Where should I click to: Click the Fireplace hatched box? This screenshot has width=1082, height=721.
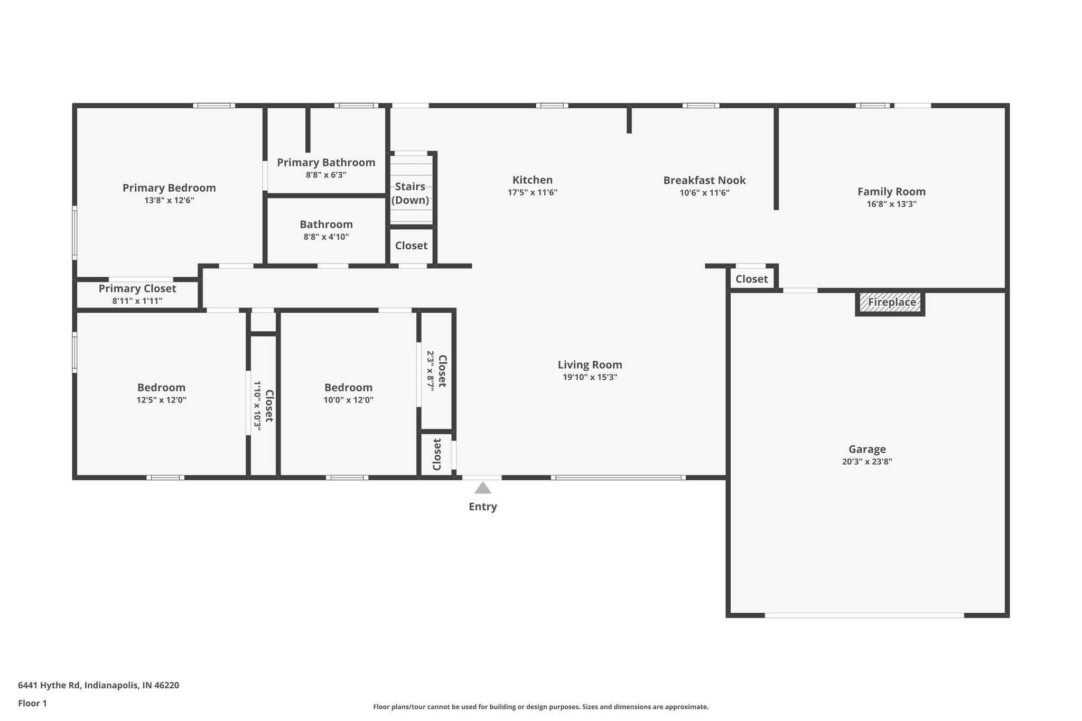point(890,303)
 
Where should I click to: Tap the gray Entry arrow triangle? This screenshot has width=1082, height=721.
point(482,488)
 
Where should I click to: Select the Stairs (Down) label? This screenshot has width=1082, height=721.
point(410,193)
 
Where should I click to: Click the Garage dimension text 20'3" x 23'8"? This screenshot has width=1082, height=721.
point(867,462)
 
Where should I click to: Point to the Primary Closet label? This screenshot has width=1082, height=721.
point(137,288)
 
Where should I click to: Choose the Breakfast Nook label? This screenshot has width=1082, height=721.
point(704,180)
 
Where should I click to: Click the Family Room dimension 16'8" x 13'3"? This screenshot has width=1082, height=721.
point(891,204)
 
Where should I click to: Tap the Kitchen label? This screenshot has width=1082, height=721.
point(533,180)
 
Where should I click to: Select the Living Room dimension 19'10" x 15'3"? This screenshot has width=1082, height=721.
point(590,377)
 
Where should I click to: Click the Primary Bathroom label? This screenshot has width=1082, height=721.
point(326,162)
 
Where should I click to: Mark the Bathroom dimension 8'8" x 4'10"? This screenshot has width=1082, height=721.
point(326,237)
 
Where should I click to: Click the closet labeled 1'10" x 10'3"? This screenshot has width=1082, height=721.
point(263,406)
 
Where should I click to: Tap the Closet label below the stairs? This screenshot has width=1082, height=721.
point(411,246)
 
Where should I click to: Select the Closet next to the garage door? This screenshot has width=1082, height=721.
point(751,279)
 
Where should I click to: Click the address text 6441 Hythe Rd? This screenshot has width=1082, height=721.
point(98,685)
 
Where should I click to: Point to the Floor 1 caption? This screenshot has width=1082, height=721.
point(32,703)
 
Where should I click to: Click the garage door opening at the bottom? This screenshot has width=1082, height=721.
point(864,615)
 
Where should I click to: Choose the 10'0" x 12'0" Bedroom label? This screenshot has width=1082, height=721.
point(348,388)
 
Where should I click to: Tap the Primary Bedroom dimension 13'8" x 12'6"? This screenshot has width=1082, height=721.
point(169,201)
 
